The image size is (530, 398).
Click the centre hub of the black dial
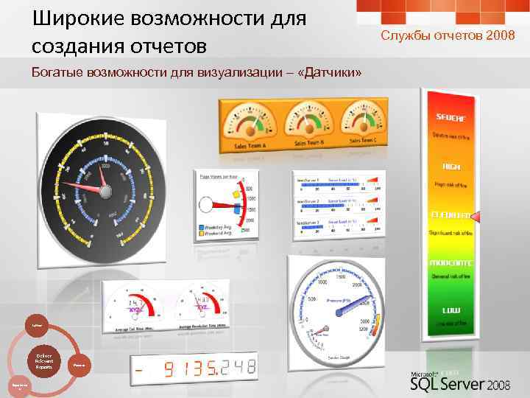tap(105, 192)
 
